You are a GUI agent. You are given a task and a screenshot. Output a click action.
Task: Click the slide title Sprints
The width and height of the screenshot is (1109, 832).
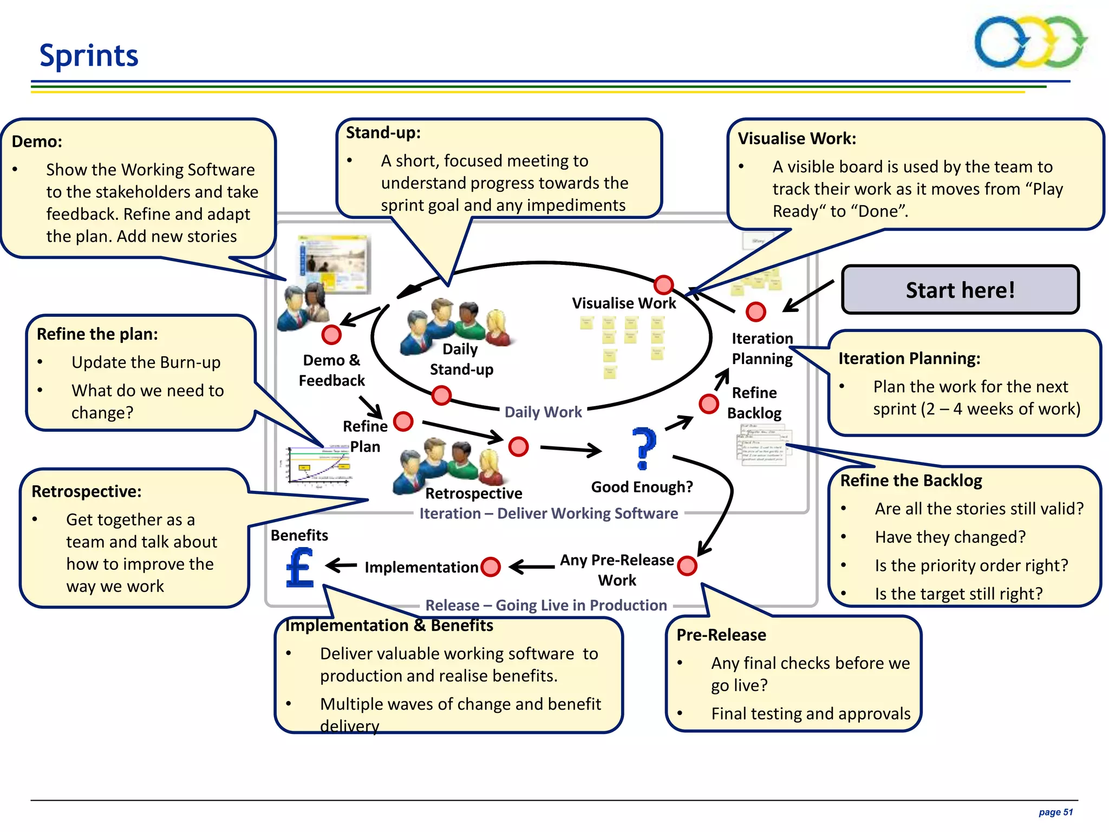tap(89, 55)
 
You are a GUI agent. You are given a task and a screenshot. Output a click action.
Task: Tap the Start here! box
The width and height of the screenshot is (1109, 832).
tap(960, 290)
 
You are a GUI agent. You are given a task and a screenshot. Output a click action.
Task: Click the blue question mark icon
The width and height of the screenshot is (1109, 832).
tap(644, 448)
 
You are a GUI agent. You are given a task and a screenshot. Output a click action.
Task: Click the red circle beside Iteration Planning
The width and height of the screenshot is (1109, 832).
tap(755, 311)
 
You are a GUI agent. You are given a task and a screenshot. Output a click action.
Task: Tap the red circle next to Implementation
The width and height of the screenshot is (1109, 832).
tap(491, 567)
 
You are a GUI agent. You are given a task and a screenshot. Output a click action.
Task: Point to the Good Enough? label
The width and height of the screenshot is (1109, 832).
tap(642, 487)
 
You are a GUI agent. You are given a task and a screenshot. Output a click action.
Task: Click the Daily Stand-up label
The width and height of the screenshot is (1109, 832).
tap(461, 359)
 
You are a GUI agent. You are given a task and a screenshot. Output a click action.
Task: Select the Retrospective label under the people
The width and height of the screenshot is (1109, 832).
tap(473, 493)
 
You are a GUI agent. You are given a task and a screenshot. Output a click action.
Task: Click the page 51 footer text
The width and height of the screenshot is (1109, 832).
tap(1055, 812)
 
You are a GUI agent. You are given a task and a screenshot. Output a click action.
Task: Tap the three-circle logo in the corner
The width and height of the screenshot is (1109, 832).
tap(1030, 42)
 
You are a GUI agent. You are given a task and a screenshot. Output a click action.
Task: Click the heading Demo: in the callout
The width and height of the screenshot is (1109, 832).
tap(37, 141)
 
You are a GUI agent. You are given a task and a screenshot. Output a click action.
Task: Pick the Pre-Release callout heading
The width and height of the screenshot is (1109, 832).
tap(721, 635)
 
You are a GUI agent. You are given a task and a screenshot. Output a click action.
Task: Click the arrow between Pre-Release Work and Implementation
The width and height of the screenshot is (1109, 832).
tap(532, 567)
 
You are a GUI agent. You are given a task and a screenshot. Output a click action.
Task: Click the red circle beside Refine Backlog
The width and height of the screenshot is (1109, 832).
tap(708, 404)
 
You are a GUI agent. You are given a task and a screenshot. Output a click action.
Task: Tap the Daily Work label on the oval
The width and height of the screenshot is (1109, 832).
tap(543, 412)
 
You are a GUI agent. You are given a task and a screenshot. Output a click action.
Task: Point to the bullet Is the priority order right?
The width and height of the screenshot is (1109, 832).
tap(971, 565)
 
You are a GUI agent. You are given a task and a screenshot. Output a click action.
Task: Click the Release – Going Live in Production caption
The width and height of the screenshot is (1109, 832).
tap(546, 605)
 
